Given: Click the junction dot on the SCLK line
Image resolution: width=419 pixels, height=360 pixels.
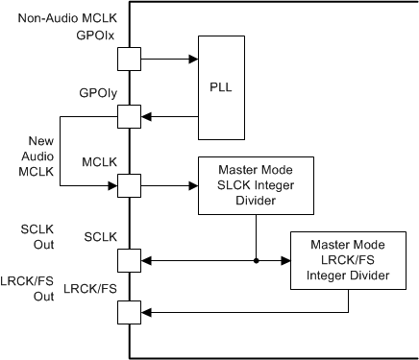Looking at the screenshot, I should [256, 259].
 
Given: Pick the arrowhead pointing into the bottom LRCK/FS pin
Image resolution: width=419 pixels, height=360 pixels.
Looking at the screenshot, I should [146, 312].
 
